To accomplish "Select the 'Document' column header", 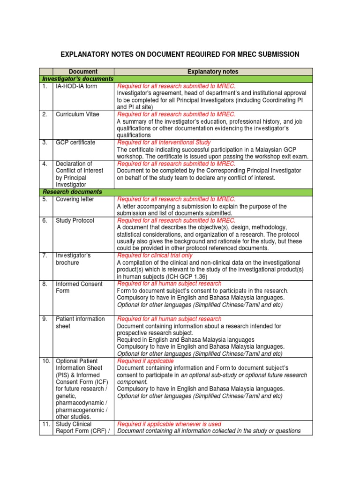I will (83, 72).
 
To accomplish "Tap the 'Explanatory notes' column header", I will (213, 72).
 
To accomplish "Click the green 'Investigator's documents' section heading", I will (78, 79).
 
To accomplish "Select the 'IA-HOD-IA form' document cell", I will (77, 86).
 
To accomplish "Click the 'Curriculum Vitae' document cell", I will (77, 114).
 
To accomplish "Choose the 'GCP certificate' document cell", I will (75, 142).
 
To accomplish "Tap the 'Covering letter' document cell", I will (75, 199).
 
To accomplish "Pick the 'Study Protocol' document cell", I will (75, 220).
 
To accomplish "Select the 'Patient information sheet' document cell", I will (80, 322).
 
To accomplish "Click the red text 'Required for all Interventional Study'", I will (164, 142).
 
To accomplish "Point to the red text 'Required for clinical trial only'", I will (155, 255).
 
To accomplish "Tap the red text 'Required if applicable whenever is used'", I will (169, 424).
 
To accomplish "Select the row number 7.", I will (45, 255).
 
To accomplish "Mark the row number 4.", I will (45, 164).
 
